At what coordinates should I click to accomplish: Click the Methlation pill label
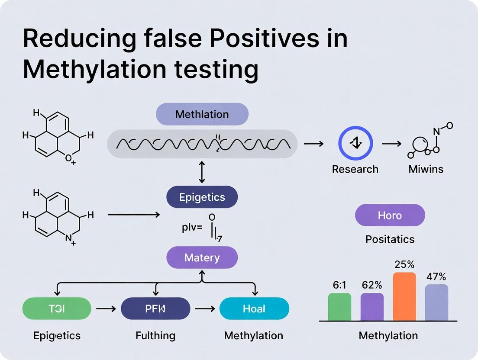pos(202,114)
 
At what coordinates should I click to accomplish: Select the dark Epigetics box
pos(202,197)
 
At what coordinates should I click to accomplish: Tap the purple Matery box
pos(202,258)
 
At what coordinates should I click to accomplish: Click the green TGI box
pos(56,309)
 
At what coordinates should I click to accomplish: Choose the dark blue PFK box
pos(155,309)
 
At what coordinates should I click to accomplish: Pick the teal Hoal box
pos(254,309)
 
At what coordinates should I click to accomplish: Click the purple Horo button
pos(390,215)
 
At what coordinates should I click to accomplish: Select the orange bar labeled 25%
pos(404,296)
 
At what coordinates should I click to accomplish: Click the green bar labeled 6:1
pos(339,307)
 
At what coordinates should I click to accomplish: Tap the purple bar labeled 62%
pos(372,307)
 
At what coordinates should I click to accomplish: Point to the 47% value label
pos(436,277)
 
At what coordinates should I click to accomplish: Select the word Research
pos(355,169)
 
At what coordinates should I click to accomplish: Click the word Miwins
pos(426,169)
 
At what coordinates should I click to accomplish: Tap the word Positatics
pos(390,239)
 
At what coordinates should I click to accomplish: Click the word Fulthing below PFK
pos(155,335)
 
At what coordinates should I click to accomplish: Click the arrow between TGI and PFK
pos(106,309)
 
